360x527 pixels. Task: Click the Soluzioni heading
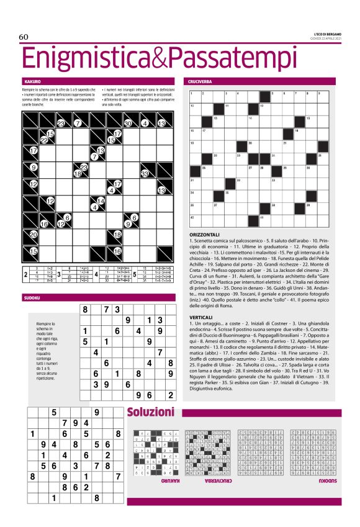click(150, 413)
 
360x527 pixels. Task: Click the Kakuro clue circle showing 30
click(127, 124)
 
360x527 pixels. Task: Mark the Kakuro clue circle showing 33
click(144, 174)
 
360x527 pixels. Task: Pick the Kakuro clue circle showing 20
click(34, 235)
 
